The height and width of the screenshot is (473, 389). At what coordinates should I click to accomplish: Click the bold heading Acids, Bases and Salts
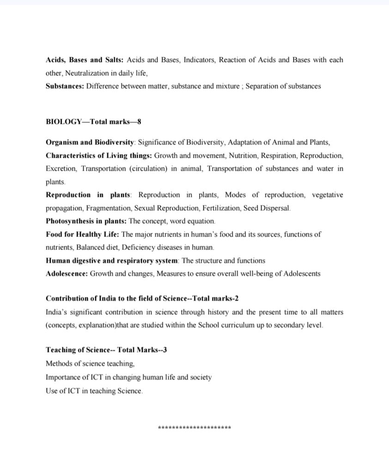point(84,60)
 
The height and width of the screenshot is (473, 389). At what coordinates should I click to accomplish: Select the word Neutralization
point(87,73)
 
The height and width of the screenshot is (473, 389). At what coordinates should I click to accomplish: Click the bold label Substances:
point(65,86)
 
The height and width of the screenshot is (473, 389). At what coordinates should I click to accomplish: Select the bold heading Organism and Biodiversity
point(90,142)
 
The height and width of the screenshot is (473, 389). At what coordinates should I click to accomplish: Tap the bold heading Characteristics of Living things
point(99,155)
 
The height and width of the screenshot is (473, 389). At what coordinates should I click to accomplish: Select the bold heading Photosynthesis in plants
point(86,221)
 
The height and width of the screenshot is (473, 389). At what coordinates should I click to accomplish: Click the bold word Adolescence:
point(67,273)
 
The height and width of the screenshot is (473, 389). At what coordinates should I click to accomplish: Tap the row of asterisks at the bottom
point(194,428)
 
